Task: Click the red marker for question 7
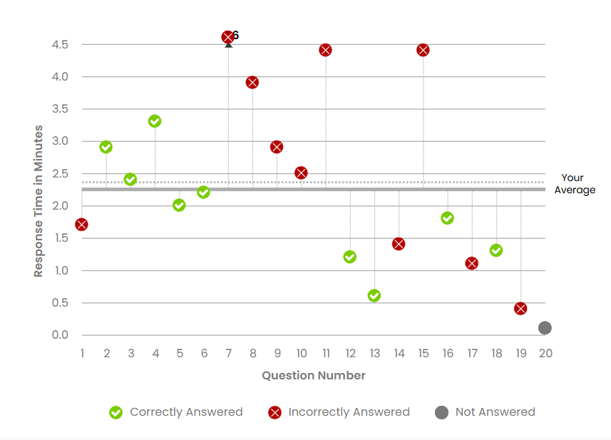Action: click(228, 37)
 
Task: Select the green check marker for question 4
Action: click(155, 121)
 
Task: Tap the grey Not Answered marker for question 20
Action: click(545, 328)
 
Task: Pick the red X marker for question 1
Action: click(82, 225)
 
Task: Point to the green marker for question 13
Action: click(374, 295)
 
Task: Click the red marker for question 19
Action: click(520, 308)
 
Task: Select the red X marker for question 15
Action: click(423, 50)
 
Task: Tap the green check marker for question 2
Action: click(106, 147)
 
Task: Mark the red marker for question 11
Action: click(326, 50)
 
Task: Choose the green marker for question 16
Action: click(447, 218)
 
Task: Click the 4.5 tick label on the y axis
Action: click(59, 45)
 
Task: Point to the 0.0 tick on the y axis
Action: click(59, 335)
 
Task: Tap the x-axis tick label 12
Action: click(350, 353)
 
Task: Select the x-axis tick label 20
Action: click(545, 353)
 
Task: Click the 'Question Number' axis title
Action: click(314, 375)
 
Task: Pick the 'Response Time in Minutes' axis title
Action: click(38, 201)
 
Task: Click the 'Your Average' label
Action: click(574, 184)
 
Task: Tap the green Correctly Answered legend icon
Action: click(115, 412)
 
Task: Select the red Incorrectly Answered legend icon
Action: click(274, 412)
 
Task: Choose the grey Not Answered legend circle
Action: click(442, 412)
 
